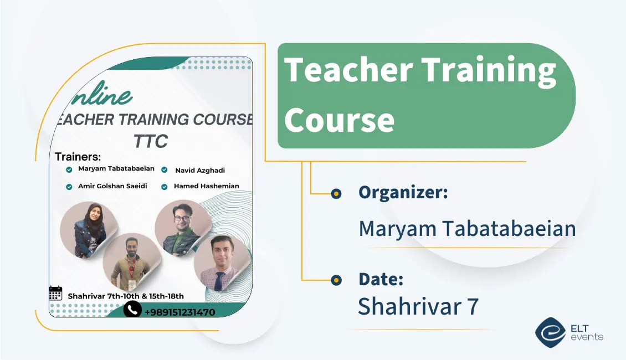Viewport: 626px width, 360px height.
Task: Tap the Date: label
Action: point(381,279)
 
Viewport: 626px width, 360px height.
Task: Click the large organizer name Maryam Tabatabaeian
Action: point(467,228)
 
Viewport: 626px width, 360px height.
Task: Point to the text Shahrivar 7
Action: point(418,306)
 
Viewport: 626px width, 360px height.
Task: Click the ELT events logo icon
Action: point(550,332)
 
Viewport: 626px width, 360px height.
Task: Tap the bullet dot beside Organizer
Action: point(336,193)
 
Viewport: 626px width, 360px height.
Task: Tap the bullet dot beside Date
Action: point(336,280)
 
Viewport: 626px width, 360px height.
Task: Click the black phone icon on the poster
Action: point(132,309)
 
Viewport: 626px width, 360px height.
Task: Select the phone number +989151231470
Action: point(179,312)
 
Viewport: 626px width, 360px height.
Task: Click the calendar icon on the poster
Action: point(55,293)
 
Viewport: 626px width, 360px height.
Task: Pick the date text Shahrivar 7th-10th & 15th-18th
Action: point(126,296)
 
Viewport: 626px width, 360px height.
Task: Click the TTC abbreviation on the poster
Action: point(150,141)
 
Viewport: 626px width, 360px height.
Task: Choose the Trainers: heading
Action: point(78,157)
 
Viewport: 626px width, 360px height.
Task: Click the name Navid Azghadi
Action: point(200,171)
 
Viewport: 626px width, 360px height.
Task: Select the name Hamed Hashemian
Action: point(206,186)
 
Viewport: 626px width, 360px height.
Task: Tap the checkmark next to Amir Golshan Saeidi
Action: point(69,187)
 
